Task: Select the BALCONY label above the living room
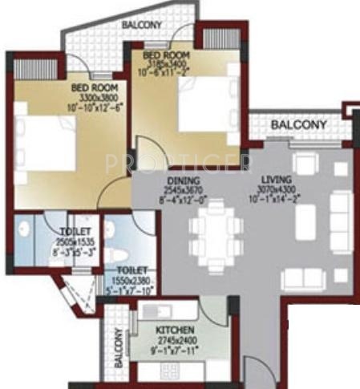pos(298,125)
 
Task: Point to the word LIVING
pos(277,180)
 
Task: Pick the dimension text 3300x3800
pos(95,97)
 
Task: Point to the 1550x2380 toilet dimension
pos(134,280)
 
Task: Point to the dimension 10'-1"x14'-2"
pos(276,201)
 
